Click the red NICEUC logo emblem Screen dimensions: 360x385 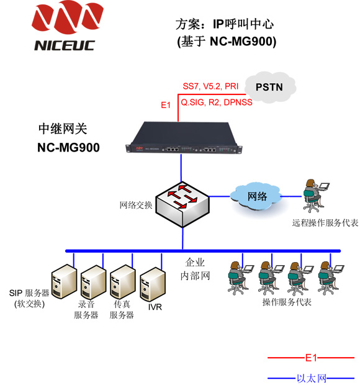[x=68, y=17]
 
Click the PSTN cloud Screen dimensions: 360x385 [x=271, y=87]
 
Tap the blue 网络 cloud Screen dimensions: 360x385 [x=256, y=197]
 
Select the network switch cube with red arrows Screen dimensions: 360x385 [x=182, y=204]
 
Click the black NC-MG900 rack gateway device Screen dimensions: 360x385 [x=184, y=137]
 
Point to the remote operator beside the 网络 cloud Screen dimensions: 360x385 [x=316, y=196]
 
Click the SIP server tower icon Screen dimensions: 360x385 [x=64, y=281]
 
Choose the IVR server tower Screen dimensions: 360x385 [x=153, y=284]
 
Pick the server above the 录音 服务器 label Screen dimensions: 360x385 [x=93, y=282]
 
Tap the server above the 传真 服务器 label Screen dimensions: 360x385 [x=123, y=282]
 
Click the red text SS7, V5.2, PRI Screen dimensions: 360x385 [x=210, y=86]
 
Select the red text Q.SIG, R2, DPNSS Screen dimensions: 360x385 [x=217, y=102]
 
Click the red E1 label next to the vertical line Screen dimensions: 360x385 [x=166, y=105]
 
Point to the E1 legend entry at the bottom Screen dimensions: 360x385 [x=311, y=358]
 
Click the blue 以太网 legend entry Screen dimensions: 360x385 [x=311, y=378]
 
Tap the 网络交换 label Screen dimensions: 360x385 [x=136, y=205]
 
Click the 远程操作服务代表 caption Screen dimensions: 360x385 [x=325, y=223]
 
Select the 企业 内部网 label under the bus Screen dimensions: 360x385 [x=195, y=269]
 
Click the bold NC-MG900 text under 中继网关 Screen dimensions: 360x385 [x=68, y=148]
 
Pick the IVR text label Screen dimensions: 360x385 [x=155, y=307]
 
